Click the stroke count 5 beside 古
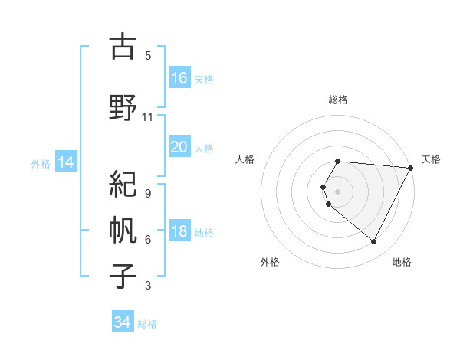pos(148,56)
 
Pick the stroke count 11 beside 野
pos(148,117)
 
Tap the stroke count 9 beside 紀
pos(148,193)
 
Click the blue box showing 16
pos(179,77)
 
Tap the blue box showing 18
pos(179,231)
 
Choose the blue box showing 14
pos(65,162)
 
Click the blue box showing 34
pos(123,322)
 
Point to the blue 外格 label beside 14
pos(41,163)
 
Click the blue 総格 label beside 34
pos(147,324)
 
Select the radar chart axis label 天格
pos(431,159)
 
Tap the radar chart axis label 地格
pos(402,262)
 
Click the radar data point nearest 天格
pos(410,168)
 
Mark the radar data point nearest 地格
pos(374,242)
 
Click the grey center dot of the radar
pos(338,191)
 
